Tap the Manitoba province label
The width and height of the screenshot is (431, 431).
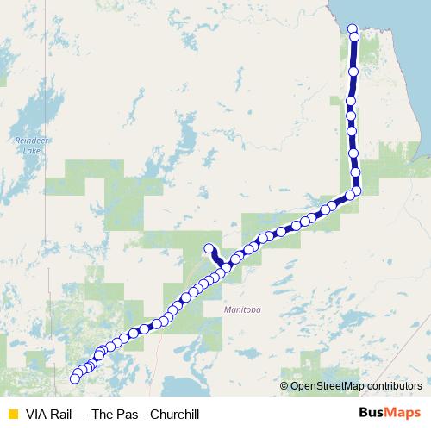[241, 309]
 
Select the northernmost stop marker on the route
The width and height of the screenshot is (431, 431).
[352, 29]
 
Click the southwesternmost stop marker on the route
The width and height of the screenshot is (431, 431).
[74, 378]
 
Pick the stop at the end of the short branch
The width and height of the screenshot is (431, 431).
[209, 249]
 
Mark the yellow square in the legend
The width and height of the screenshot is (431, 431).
[11, 414]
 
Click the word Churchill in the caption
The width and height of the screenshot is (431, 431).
[184, 414]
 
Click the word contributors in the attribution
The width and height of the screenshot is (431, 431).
[393, 385]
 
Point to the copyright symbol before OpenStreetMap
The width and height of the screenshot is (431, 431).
[285, 385]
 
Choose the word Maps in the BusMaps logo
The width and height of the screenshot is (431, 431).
[405, 414]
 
